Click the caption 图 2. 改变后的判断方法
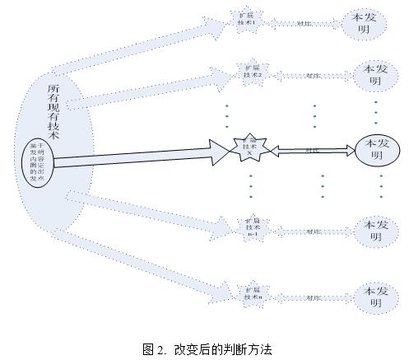[206, 348]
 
